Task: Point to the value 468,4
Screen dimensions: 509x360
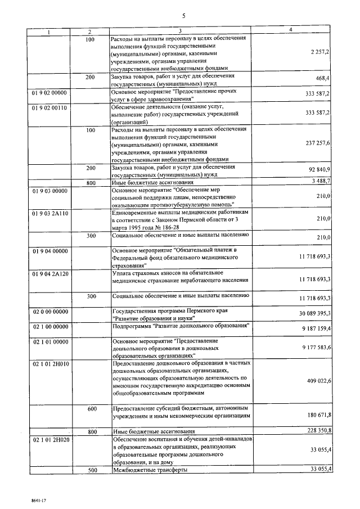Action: pos(323,80)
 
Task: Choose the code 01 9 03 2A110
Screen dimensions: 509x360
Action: pos(51,214)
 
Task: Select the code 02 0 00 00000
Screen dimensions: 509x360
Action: pos(51,311)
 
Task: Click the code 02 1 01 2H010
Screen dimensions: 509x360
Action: pos(51,364)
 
